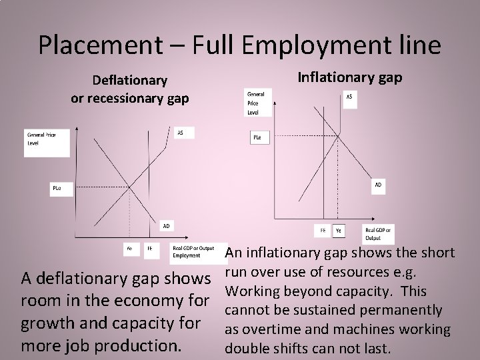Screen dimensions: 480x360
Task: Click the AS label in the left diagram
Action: [x=180, y=133]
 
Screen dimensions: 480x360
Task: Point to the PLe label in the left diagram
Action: [x=57, y=189]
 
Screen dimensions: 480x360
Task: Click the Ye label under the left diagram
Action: [x=129, y=249]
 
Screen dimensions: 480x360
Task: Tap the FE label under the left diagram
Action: [x=150, y=249]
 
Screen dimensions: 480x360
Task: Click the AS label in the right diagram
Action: [x=351, y=97]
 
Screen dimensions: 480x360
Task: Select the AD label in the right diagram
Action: [x=378, y=185]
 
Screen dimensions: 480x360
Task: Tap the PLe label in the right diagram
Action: [x=257, y=137]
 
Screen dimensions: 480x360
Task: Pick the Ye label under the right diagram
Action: [x=339, y=230]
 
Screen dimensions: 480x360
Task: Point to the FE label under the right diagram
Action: [x=323, y=230]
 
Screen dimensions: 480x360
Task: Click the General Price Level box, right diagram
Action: [x=256, y=103]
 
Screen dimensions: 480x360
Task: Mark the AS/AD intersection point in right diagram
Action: [x=338, y=137]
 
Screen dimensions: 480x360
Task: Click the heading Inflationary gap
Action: [x=349, y=77]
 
